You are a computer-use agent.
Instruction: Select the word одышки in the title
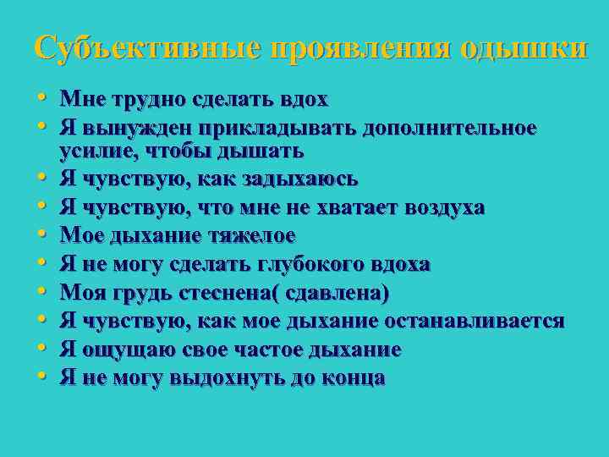pyautogui.click(x=523, y=47)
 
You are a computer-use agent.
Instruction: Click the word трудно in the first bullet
pyautogui.click(x=139, y=99)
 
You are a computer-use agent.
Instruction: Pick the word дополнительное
pyautogui.click(x=449, y=129)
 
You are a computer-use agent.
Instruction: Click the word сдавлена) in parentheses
pyautogui.click(x=343, y=294)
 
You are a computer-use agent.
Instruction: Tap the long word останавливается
pyautogui.click(x=474, y=322)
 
